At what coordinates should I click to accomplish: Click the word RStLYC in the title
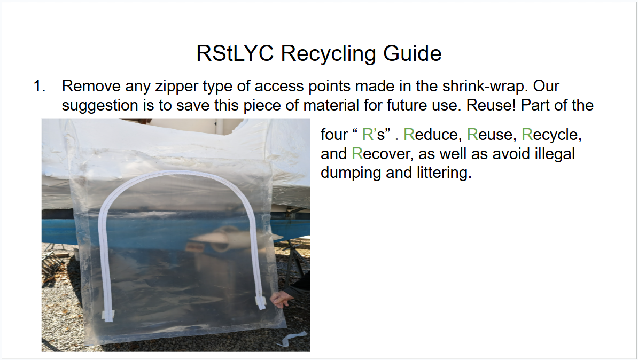235,53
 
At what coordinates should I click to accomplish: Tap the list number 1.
40,86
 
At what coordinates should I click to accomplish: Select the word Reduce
432,135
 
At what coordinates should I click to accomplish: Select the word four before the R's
334,135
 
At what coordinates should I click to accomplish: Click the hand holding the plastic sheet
282,299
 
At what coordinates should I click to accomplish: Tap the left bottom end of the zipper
108,317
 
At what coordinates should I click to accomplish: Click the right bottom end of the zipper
261,303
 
